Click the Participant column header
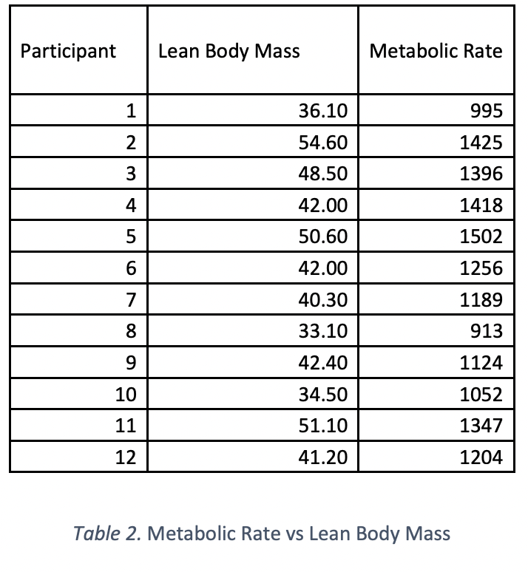click(68, 51)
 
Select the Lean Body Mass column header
click(229, 51)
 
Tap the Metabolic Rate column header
click(436, 51)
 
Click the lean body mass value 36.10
click(322, 112)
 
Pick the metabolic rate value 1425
click(481, 143)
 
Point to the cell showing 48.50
click(322, 174)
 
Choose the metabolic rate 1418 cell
click(481, 206)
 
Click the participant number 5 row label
click(131, 237)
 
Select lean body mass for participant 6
click(322, 269)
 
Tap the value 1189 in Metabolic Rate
click(481, 300)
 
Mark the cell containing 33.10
click(322, 332)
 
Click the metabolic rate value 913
click(486, 332)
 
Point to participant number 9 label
click(131, 363)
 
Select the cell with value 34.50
click(322, 395)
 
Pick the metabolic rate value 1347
click(481, 426)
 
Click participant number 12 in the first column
click(126, 457)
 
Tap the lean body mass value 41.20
click(322, 457)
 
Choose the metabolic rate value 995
click(486, 112)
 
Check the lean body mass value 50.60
click(322, 237)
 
